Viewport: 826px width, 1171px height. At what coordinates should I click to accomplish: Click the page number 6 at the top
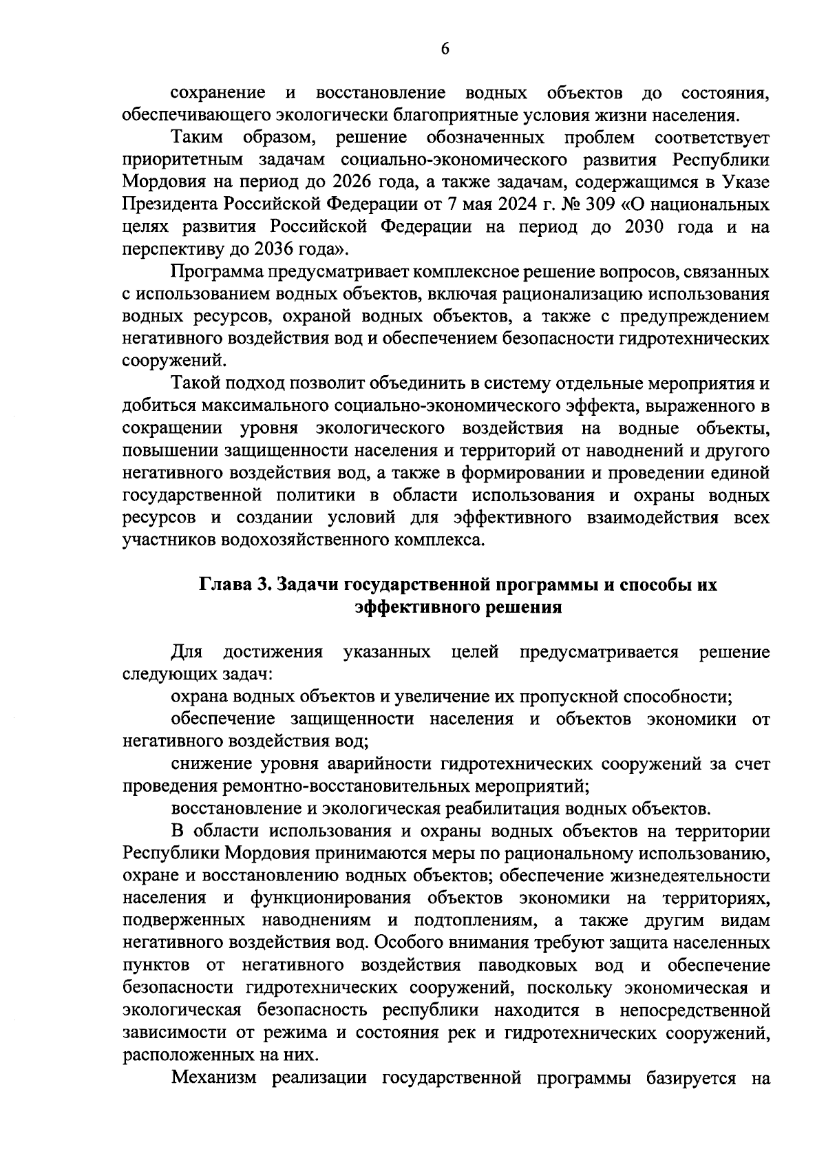pos(445,48)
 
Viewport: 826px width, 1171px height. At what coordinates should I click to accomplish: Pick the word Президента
pos(169,204)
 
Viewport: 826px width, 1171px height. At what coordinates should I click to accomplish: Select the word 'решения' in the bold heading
pos(527,607)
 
